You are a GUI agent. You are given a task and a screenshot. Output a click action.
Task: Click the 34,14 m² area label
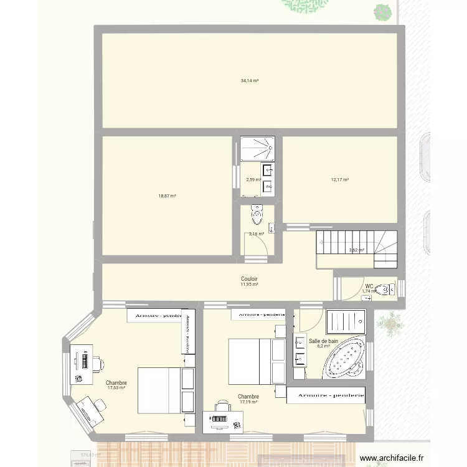click(x=250, y=81)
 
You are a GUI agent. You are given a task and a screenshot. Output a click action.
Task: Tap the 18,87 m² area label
click(x=167, y=196)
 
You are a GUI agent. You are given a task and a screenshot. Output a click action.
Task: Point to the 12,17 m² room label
click(x=340, y=180)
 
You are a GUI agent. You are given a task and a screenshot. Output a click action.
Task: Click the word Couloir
click(x=250, y=279)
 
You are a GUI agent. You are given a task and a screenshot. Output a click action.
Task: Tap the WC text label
click(x=369, y=286)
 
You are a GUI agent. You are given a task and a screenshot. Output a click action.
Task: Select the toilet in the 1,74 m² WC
click(x=387, y=289)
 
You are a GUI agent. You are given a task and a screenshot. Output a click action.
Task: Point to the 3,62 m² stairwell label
click(x=357, y=250)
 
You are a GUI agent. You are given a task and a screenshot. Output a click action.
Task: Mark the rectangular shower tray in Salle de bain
click(x=344, y=322)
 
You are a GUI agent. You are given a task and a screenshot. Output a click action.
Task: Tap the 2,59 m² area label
click(x=253, y=180)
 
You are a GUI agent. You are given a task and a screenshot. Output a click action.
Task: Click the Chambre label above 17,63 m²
click(x=116, y=383)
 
